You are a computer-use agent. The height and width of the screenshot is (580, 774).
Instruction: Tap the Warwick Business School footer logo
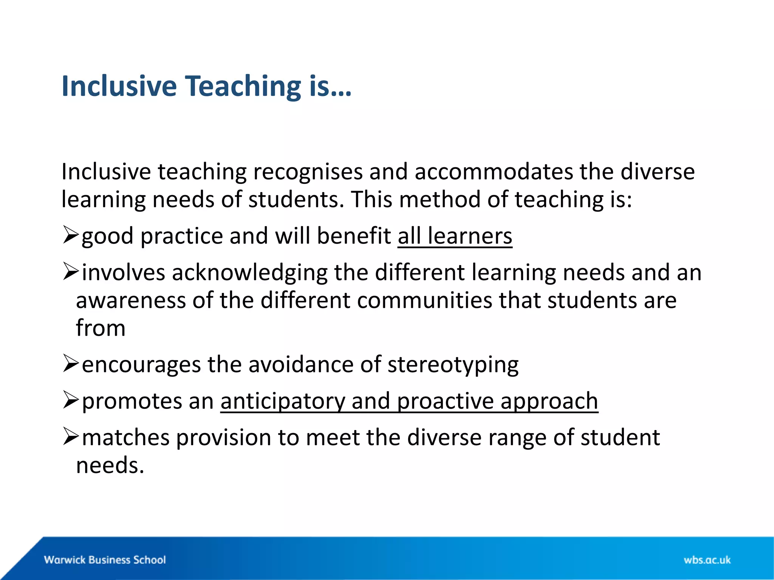[105, 560]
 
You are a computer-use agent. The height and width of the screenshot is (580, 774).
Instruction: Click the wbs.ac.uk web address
[707, 560]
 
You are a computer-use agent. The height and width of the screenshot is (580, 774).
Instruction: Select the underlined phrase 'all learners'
[455, 236]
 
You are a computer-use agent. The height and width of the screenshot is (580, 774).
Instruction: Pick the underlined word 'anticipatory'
[283, 401]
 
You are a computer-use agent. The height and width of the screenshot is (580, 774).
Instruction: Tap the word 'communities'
[424, 301]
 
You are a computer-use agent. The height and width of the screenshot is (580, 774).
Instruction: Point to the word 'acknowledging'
[249, 273]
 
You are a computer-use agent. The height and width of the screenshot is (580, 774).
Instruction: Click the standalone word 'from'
[101, 328]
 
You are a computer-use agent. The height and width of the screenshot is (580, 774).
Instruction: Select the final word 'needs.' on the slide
[110, 465]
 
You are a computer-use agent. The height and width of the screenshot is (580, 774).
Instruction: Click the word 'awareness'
[131, 301]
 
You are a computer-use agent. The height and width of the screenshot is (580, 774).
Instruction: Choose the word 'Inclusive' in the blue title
[119, 86]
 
